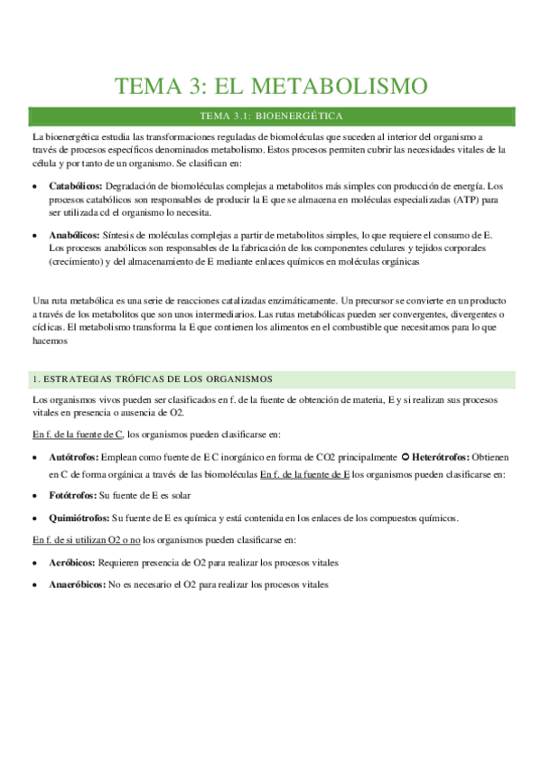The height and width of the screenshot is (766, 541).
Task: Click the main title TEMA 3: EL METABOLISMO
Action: pyautogui.click(x=270, y=87)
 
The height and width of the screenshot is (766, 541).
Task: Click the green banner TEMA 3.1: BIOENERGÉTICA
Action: pyautogui.click(x=270, y=117)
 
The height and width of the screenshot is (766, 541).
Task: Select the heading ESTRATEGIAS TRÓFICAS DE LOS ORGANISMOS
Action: pyautogui.click(x=158, y=378)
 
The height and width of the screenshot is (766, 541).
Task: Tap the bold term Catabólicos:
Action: pyautogui.click(x=76, y=184)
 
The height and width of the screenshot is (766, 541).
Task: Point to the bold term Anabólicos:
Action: pyautogui.click(x=76, y=233)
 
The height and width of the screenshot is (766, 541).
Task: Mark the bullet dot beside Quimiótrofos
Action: pyautogui.click(x=35, y=518)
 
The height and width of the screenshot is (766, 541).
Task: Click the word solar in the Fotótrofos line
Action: pyautogui.click(x=180, y=496)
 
